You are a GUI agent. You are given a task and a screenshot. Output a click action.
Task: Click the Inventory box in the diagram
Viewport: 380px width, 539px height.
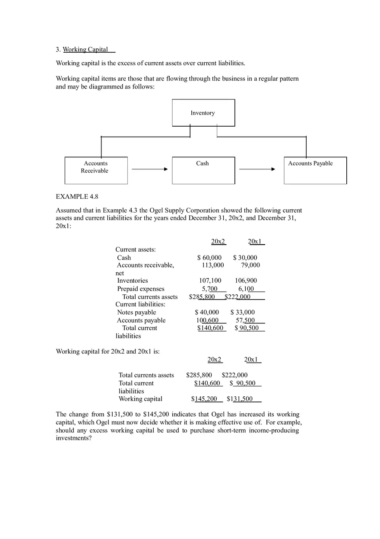(203, 113)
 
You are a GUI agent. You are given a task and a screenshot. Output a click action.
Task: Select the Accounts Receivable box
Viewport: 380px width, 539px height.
(96, 170)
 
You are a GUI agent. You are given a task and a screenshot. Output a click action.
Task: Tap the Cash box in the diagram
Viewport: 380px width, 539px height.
(203, 170)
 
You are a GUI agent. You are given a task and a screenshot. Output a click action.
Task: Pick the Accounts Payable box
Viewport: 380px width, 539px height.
(315, 170)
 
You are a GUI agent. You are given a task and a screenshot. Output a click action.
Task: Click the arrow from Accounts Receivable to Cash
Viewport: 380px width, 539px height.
(149, 169)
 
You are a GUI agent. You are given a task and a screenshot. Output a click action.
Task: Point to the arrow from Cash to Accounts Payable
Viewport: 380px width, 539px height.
(257, 169)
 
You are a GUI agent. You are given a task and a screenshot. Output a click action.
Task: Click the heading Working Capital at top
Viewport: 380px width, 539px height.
(85, 49)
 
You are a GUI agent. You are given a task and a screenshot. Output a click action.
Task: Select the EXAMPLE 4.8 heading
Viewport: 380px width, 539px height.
(77, 197)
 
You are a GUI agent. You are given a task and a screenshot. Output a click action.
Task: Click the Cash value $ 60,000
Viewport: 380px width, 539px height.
(209, 258)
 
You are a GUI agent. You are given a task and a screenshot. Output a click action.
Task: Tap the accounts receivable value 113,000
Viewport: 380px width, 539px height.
(213, 265)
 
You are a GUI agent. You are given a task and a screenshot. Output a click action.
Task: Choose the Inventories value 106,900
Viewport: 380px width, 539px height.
(246, 281)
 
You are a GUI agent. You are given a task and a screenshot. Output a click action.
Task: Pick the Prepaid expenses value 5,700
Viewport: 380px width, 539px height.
(209, 289)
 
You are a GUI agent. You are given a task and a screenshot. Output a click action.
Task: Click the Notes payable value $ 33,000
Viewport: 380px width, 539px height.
(242, 312)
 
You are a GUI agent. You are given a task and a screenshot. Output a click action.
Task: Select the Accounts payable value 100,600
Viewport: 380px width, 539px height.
(207, 320)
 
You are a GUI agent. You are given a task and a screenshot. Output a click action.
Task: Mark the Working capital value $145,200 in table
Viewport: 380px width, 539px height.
(204, 399)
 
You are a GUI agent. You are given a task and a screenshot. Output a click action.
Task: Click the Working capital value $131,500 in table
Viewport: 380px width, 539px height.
(240, 399)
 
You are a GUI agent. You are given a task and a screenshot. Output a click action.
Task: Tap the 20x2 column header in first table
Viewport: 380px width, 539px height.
(218, 242)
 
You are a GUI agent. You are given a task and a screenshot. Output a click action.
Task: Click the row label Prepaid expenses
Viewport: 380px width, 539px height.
(141, 289)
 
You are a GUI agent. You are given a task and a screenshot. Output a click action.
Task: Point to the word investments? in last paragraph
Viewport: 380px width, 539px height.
(73, 438)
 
